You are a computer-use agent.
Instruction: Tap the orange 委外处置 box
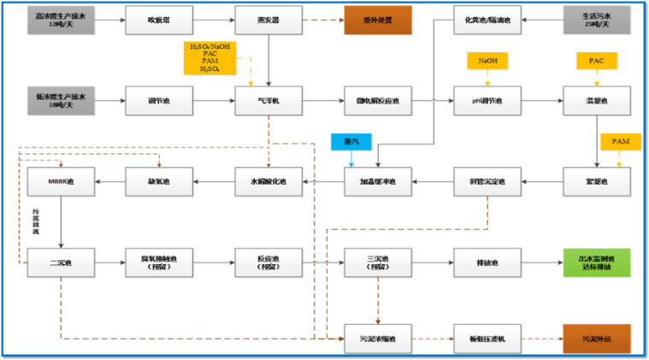point(377,20)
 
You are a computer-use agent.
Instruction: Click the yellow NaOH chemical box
point(487,62)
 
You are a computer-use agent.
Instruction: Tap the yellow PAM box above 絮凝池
point(620,140)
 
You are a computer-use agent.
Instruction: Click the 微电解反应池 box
point(377,101)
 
